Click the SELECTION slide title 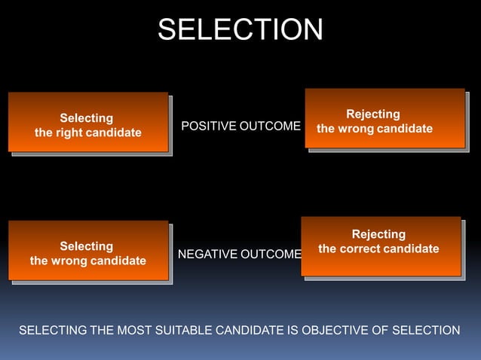(240, 29)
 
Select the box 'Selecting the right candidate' (88, 122)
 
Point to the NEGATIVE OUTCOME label (240, 255)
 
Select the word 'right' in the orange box (72, 133)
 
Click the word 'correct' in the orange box (362, 249)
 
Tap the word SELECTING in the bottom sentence (52, 330)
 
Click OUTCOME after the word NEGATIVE (271, 255)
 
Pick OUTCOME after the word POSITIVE (270, 126)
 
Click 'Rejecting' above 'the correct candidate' (378, 234)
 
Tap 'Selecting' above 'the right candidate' (87, 118)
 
